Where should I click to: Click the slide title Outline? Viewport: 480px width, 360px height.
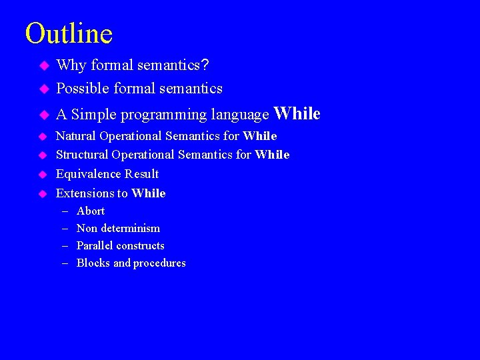[69, 33]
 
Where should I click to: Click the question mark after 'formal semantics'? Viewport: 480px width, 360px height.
[205, 65]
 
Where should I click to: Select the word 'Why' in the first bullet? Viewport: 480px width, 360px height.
[71, 65]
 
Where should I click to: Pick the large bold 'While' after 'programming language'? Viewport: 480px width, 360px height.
[297, 113]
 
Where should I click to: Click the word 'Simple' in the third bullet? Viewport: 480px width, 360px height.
[93, 114]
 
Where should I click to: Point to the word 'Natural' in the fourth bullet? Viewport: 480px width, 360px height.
[76, 136]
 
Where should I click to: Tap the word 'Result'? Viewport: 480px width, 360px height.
[141, 174]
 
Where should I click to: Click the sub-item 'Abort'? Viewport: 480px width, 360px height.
[91, 211]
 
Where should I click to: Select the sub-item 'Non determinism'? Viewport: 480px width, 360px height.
[118, 228]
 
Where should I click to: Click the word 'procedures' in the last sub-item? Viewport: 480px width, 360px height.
[160, 263]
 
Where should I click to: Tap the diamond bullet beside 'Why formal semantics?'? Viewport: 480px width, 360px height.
[44, 65]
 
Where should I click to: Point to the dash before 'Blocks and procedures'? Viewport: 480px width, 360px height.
[65, 263]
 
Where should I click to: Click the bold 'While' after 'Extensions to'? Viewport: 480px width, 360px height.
[149, 193]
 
